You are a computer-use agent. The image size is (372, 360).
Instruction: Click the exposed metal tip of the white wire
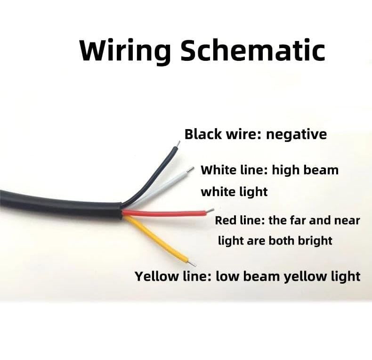[x=190, y=169]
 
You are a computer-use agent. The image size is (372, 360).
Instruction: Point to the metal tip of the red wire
[x=210, y=210]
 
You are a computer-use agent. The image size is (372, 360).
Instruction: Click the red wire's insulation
[x=165, y=213]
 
